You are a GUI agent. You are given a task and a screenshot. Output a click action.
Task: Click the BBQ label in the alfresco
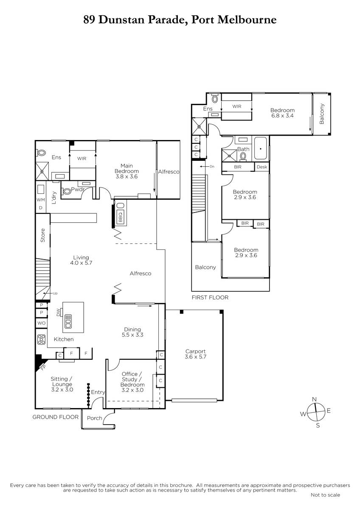tap(120, 217)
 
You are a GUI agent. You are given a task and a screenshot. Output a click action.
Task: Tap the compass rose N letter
tap(314, 399)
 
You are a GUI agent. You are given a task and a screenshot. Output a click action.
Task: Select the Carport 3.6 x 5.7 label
tap(195, 354)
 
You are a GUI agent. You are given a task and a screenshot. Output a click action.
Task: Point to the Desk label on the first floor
tap(262, 167)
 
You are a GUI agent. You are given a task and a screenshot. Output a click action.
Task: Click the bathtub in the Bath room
tap(260, 148)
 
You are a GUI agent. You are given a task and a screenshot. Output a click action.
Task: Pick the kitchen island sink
tap(68, 321)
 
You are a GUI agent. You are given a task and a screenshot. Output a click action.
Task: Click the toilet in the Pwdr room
tap(66, 191)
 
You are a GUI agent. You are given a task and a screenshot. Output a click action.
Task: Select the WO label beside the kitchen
tap(41, 323)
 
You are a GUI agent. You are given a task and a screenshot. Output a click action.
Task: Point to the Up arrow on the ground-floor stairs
tap(47, 293)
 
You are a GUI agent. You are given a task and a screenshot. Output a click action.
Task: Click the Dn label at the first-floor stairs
tap(212, 166)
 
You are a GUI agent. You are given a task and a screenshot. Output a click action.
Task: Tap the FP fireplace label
tap(43, 368)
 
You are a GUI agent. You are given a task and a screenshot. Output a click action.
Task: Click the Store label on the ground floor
tap(42, 235)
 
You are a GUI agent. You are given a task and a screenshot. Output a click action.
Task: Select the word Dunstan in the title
tap(122, 20)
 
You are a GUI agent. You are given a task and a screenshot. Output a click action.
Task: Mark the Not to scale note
tap(325, 495)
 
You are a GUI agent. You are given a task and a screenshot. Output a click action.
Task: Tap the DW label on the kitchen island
tap(59, 312)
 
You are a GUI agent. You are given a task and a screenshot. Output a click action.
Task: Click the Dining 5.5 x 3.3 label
tap(132, 332)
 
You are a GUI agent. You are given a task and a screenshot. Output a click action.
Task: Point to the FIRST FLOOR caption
tap(210, 297)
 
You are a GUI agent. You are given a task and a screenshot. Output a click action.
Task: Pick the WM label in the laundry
tap(41, 200)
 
